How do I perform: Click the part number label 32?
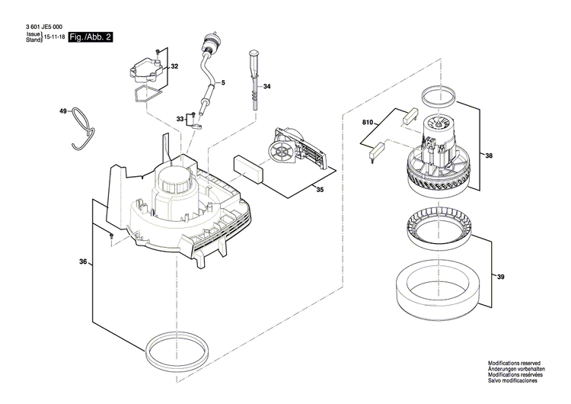click(174, 67)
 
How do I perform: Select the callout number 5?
click(223, 82)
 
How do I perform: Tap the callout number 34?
click(267, 87)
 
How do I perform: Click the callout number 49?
click(64, 112)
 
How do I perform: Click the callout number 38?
click(489, 156)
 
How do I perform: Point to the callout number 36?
click(82, 262)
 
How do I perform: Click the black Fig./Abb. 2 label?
click(90, 37)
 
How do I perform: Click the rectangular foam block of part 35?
click(248, 168)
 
